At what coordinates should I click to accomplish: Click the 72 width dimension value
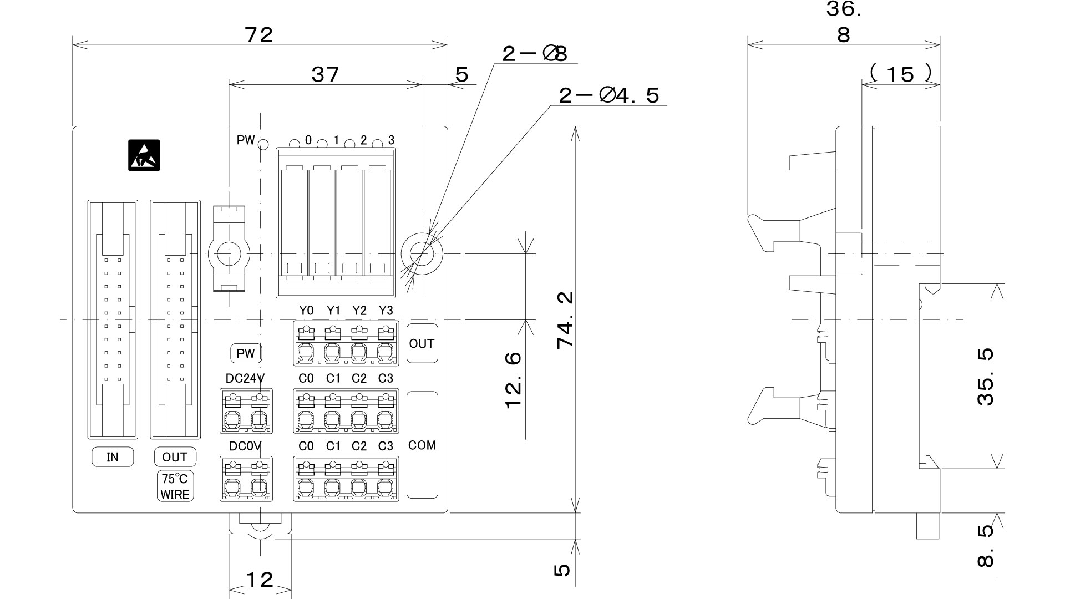click(259, 35)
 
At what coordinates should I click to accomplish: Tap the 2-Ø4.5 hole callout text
click(609, 96)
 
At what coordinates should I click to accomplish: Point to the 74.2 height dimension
click(565, 320)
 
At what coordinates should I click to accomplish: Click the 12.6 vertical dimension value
click(514, 380)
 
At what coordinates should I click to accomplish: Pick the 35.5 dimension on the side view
click(985, 377)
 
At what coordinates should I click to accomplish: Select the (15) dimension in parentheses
click(900, 74)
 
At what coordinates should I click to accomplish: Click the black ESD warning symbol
click(144, 155)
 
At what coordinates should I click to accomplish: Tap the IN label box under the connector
click(113, 457)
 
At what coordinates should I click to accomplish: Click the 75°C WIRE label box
click(175, 486)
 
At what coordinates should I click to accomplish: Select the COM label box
click(422, 445)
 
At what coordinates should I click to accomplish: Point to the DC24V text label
click(245, 378)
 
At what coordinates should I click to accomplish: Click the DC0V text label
click(245, 446)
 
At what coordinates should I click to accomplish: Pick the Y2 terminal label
click(359, 311)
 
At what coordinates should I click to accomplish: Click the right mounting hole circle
click(422, 253)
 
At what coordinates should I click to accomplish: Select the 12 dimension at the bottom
click(260, 580)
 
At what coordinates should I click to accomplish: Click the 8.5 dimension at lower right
click(985, 546)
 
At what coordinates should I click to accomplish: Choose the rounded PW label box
click(246, 353)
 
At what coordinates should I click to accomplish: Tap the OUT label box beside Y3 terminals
click(422, 343)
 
